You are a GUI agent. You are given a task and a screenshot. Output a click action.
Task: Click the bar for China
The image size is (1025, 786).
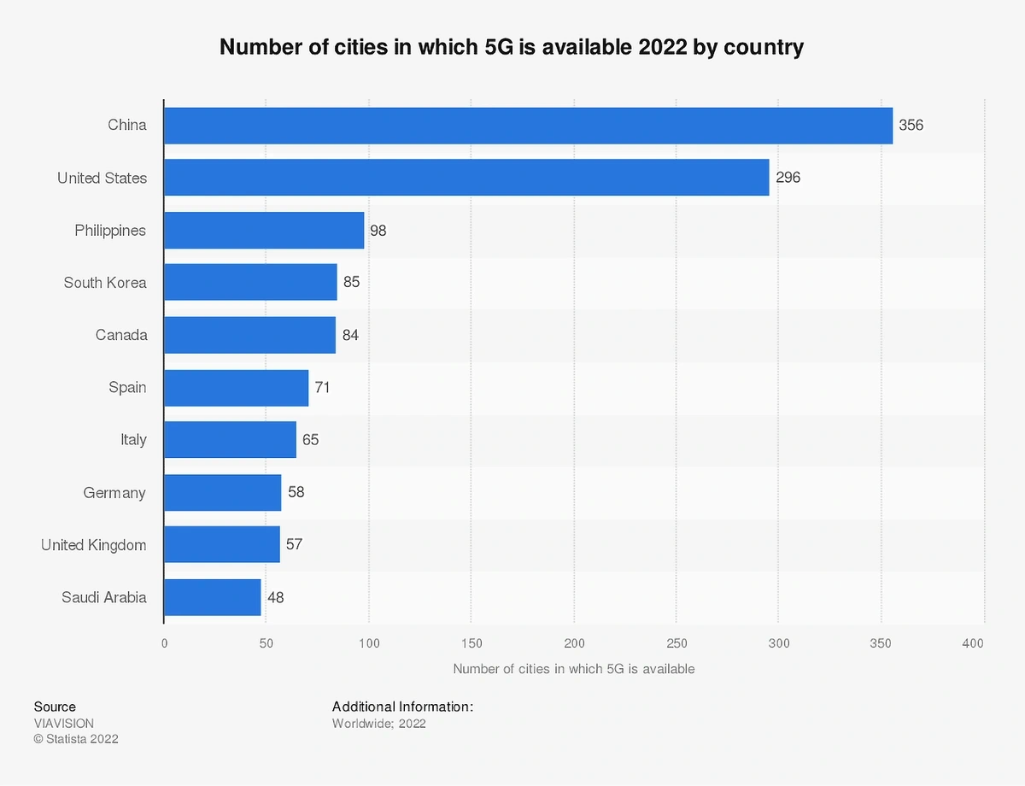click(528, 126)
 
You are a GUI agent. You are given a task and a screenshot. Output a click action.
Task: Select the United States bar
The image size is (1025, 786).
click(466, 178)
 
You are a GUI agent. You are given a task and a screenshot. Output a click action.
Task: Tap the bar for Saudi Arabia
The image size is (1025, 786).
click(213, 597)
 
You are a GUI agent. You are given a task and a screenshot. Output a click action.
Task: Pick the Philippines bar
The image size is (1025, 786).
click(264, 231)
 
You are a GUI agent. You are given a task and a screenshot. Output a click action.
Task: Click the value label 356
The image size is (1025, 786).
click(911, 126)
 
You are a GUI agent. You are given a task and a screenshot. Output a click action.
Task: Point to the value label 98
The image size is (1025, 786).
click(378, 231)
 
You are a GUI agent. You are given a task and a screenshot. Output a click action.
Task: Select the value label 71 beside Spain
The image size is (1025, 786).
click(322, 387)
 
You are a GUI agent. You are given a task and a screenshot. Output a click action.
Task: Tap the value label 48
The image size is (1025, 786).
click(275, 597)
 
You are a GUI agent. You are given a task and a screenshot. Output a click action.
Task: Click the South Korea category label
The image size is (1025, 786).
click(105, 283)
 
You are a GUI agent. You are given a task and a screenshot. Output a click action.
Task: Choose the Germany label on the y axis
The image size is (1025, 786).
click(114, 493)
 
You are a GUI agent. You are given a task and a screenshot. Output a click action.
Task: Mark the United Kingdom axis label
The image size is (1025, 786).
click(94, 545)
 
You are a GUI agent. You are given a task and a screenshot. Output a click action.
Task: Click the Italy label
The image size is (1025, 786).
click(133, 440)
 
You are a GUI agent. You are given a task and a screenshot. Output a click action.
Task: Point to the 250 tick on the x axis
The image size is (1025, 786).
click(676, 643)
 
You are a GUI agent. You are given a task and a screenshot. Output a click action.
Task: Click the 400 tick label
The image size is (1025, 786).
click(973, 643)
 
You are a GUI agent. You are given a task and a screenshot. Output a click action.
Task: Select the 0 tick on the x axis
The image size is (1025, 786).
click(164, 643)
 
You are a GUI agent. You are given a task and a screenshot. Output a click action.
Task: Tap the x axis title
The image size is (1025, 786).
click(573, 669)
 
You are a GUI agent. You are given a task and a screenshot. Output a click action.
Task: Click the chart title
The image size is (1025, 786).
click(512, 46)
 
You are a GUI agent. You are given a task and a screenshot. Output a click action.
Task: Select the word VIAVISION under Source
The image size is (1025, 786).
click(64, 723)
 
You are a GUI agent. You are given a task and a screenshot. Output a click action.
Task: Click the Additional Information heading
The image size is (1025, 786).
click(402, 707)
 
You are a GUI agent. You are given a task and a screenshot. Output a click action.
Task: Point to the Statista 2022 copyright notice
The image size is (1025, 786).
click(76, 739)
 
